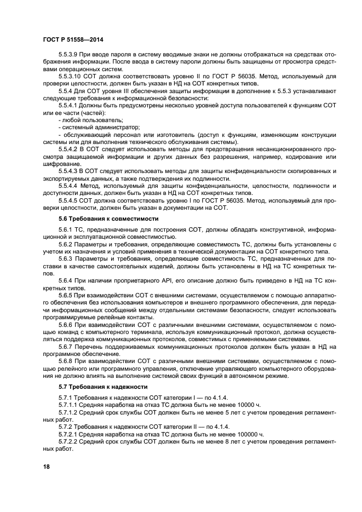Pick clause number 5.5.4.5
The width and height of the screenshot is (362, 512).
pos(68,200)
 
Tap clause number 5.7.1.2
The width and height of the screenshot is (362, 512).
pos(68,412)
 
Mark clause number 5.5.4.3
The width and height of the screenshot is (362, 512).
pos(68,171)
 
